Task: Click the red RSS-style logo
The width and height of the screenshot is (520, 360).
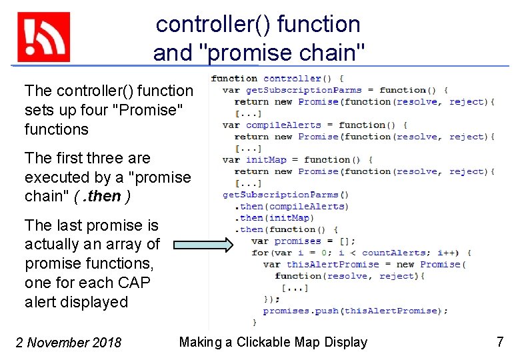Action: pos(43,37)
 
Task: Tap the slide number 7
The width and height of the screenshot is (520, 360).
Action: pos(500,343)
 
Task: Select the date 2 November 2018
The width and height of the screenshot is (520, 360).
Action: pos(69,343)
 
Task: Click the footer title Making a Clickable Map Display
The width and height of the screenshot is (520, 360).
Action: pos(273,343)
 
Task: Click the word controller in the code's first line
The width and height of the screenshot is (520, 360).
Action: pos(292,79)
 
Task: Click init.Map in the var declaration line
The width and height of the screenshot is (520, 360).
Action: pos(265,159)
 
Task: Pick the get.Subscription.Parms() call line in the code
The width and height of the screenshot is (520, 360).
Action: pos(285,195)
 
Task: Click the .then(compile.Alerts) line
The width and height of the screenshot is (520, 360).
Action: pos(291,206)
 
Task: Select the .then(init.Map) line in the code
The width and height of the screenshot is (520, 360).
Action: pos(274,217)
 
